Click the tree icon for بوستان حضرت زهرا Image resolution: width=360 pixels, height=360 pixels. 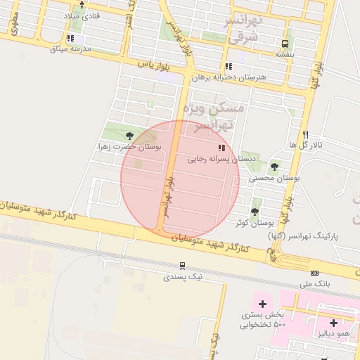click(129, 136)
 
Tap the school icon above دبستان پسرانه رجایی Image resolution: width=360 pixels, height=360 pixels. click(221, 148)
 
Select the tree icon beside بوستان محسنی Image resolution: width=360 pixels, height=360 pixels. click(274, 167)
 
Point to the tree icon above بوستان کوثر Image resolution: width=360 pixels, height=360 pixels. click(255, 211)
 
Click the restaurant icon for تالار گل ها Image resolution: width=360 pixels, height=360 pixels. click(305, 134)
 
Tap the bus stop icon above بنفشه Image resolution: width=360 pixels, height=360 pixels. click(285, 43)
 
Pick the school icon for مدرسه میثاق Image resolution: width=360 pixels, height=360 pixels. click(70, 38)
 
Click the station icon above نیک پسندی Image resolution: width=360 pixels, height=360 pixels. click(182, 266)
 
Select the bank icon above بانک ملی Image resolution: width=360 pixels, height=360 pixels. click(314, 273)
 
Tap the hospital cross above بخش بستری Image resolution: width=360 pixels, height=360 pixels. click(262, 304)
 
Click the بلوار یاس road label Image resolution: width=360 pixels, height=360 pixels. click(155, 64)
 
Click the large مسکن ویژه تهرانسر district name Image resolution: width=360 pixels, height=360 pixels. click(213, 116)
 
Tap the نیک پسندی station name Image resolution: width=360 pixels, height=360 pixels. click(182, 277)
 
